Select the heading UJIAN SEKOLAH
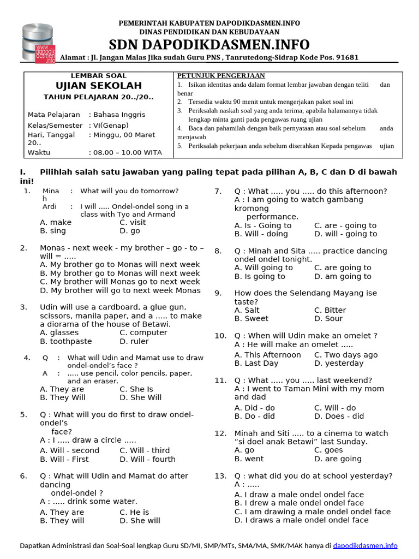pyautogui.click(x=99, y=86)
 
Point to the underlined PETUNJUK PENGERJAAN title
pyautogui.click(x=221, y=76)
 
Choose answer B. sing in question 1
pyautogui.click(x=53, y=231)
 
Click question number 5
pyautogui.click(x=23, y=415)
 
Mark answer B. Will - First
pyautogui.click(x=64, y=459)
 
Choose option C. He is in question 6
pyautogui.click(x=134, y=512)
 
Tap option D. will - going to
pyautogui.click(x=345, y=234)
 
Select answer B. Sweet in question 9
pyautogui.click(x=252, y=318)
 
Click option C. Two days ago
pyautogui.click(x=346, y=355)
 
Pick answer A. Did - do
pyautogui.click(x=255, y=408)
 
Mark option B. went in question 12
pyautogui.click(x=249, y=459)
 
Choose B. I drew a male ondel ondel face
pyautogui.click(x=299, y=503)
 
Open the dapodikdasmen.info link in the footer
pyautogui.click(x=365, y=545)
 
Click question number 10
pyautogui.click(x=220, y=336)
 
